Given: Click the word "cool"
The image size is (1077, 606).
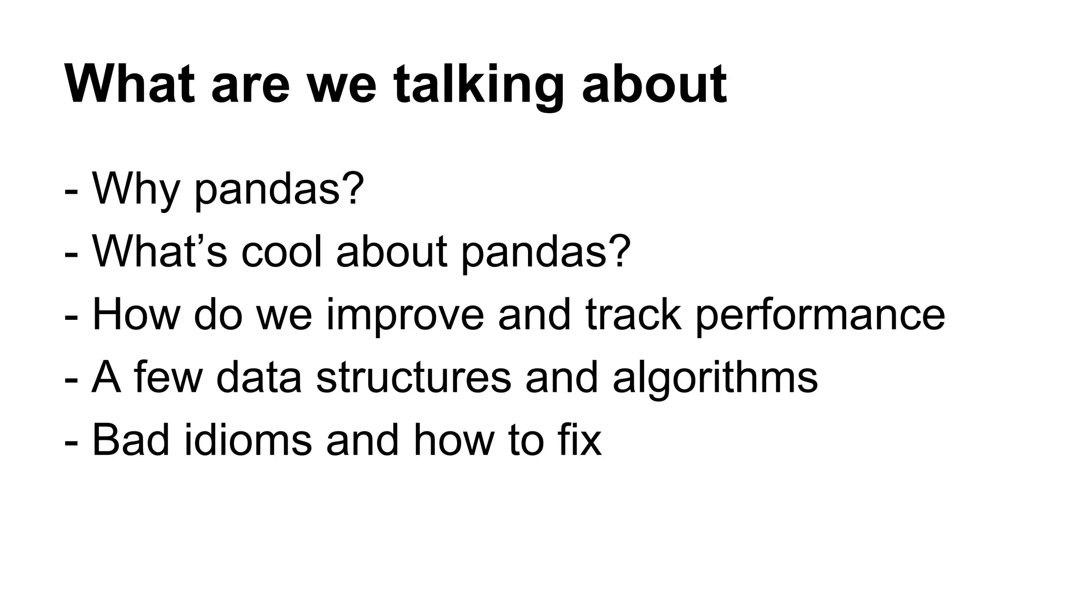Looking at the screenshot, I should [x=281, y=251].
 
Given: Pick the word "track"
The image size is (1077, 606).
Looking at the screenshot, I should [x=633, y=315].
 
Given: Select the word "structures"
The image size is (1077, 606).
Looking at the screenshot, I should [x=413, y=377].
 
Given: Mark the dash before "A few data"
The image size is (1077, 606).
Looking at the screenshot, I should [x=72, y=380].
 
